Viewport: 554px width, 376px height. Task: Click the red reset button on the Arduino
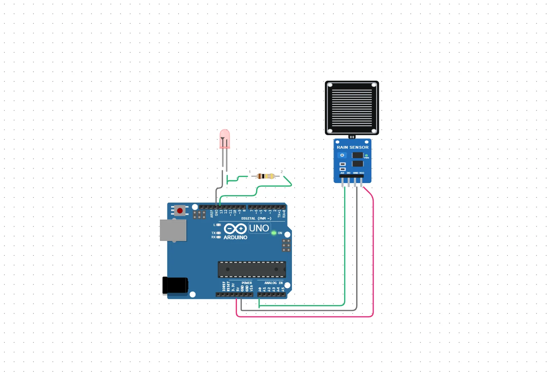click(180, 211)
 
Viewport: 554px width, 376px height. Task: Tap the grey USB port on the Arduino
click(173, 230)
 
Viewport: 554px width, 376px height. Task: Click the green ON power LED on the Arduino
click(274, 233)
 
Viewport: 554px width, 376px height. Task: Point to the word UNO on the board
click(259, 228)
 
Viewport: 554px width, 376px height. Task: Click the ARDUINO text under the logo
click(235, 238)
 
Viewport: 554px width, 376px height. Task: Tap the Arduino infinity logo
click(235, 229)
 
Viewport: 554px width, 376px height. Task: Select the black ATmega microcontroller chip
click(252, 269)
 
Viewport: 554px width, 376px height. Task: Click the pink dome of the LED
click(224, 137)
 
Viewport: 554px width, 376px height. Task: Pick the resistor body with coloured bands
click(265, 176)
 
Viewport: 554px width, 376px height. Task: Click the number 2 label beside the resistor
click(281, 172)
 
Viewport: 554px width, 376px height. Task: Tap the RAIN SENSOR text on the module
click(352, 147)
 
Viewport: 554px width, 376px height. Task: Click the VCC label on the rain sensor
click(362, 173)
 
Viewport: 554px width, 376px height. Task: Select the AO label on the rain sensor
click(342, 173)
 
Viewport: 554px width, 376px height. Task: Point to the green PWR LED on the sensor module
click(366, 155)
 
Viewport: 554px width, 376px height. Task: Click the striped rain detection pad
click(352, 108)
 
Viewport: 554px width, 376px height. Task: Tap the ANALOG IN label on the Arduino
click(273, 283)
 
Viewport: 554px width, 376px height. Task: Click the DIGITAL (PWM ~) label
click(256, 219)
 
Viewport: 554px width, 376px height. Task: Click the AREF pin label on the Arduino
click(212, 213)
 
